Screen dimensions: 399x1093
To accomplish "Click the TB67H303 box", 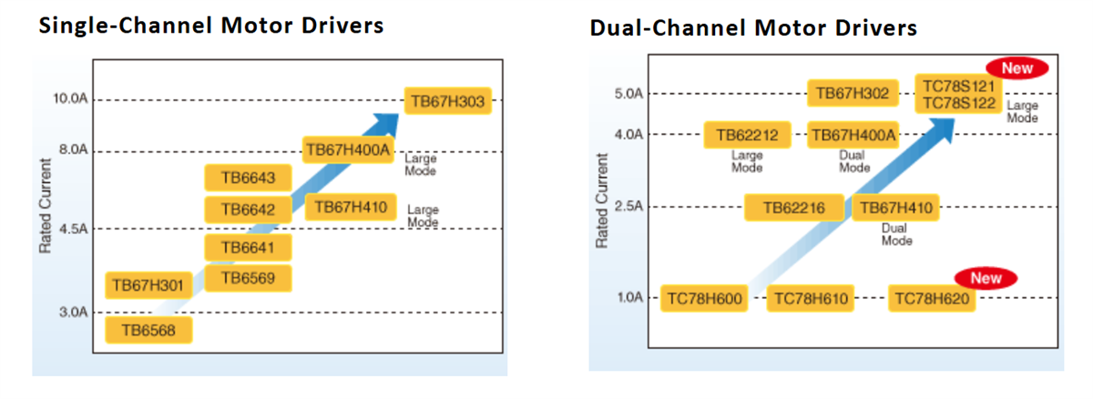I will point(447,101).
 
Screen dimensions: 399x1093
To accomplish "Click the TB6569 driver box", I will point(248,278).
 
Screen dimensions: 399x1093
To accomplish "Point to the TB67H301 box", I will point(148,286).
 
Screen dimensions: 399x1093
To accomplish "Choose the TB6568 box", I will point(148,330).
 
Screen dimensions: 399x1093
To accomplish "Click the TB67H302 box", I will point(852,93).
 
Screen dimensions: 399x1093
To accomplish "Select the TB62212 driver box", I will point(747,136).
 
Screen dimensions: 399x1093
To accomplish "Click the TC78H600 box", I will point(704,298).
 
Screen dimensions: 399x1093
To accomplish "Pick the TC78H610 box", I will point(811,298).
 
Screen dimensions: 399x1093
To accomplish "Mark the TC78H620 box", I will point(932,298).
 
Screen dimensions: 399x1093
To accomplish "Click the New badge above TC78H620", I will point(986,278).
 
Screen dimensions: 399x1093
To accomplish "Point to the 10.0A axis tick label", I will point(69,98).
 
